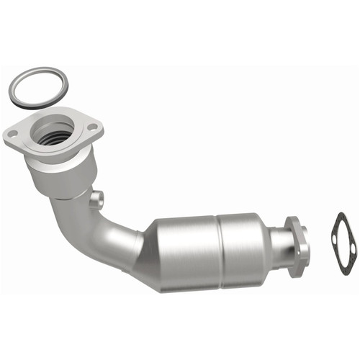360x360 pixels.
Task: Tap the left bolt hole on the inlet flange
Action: click(13, 132)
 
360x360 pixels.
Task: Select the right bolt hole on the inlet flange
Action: click(91, 127)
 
